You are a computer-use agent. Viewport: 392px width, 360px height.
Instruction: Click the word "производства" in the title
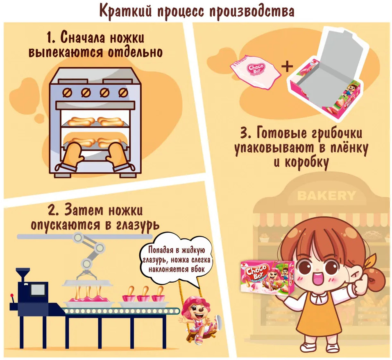click(252, 11)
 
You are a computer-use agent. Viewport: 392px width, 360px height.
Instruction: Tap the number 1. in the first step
click(51, 38)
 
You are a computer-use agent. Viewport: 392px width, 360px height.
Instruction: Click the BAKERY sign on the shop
click(326, 196)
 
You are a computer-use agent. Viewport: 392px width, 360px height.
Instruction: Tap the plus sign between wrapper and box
click(287, 66)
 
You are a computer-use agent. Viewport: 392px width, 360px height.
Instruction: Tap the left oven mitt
click(70, 155)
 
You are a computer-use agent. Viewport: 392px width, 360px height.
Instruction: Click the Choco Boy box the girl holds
click(267, 277)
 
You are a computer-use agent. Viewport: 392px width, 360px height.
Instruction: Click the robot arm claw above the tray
click(86, 275)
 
